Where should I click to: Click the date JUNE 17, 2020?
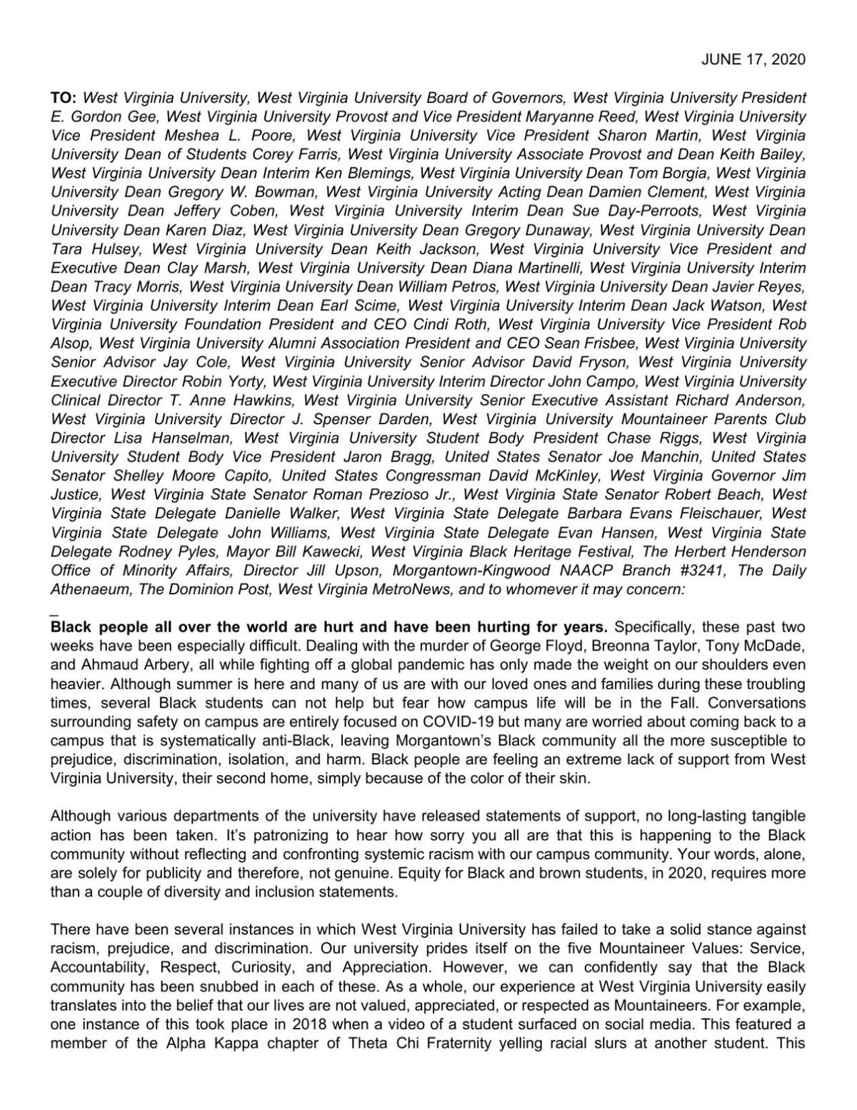753,59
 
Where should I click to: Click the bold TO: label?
64,98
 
